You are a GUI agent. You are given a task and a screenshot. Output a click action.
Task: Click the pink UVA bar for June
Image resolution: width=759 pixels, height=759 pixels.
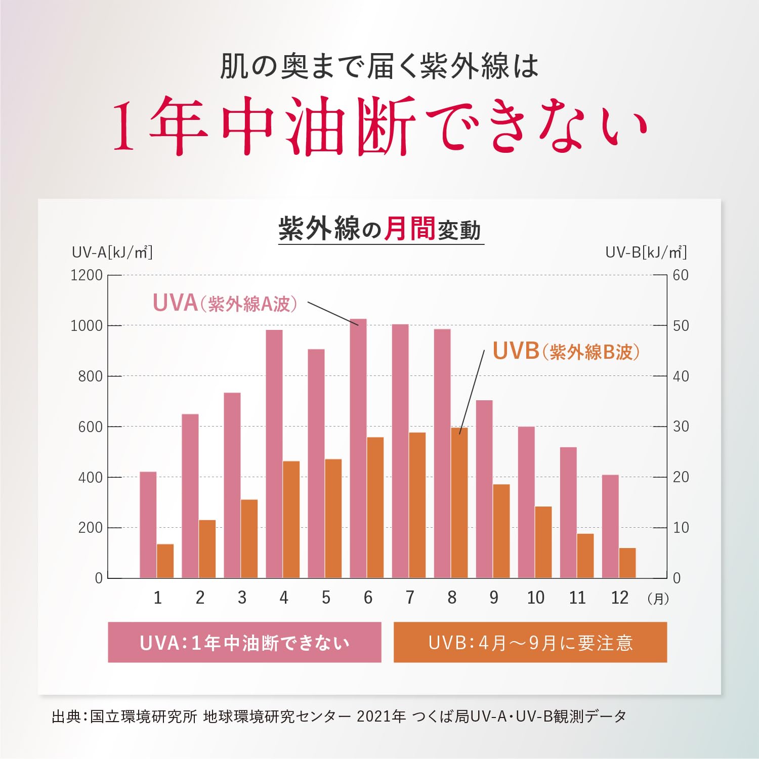[358, 448]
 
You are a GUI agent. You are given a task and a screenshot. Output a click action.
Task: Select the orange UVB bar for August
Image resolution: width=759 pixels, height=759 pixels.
[459, 503]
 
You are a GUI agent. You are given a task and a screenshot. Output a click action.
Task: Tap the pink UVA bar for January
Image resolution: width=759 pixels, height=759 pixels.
[148, 525]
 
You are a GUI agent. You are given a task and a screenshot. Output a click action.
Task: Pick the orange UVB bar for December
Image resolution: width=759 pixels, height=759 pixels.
[627, 563]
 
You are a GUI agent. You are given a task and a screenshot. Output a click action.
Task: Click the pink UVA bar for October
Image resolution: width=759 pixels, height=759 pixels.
[526, 502]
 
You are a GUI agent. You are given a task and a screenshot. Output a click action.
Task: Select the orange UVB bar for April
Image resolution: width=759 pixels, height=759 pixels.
[291, 520]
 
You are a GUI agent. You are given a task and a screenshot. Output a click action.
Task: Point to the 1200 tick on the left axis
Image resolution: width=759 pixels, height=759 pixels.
[87, 275]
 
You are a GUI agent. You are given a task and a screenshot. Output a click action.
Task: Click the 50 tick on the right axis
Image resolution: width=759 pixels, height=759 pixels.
[681, 325]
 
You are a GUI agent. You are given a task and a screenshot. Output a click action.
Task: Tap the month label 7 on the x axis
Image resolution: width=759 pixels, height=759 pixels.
[410, 598]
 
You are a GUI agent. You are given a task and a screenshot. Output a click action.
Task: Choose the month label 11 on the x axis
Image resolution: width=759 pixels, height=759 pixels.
[577, 598]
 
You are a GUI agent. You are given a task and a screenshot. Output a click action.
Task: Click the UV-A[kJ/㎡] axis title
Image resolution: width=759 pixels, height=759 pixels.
[112, 252]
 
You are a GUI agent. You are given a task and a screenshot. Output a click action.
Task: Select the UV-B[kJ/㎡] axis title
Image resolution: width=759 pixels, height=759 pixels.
[646, 252]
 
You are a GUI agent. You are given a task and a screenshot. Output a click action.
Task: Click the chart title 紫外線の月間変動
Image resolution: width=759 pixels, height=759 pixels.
[380, 229]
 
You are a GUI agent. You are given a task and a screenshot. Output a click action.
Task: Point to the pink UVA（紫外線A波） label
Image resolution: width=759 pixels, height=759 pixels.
[225, 303]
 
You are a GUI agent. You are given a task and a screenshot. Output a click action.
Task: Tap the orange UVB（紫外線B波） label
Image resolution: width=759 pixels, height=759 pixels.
[566, 351]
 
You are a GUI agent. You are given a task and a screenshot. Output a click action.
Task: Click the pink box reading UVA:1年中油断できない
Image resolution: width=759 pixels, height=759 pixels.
[244, 642]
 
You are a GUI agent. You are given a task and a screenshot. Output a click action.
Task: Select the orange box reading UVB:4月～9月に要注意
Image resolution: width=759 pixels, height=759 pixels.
[530, 642]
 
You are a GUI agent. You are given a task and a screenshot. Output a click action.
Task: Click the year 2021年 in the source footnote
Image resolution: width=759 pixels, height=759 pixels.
[381, 716]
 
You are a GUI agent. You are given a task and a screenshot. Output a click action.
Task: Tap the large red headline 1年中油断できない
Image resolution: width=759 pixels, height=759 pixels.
[380, 126]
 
